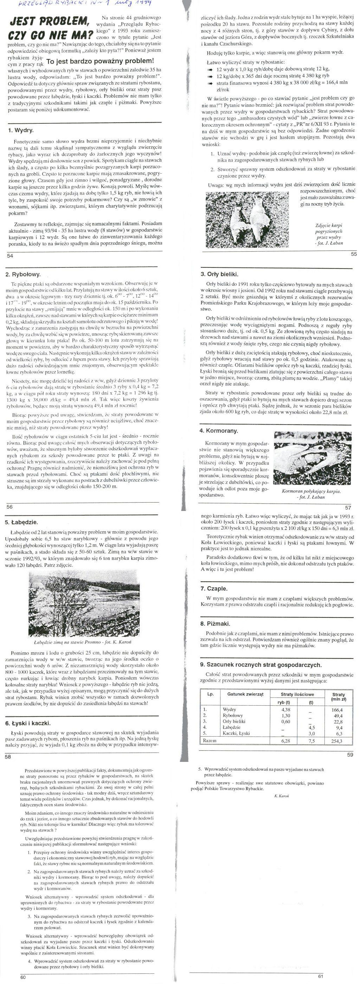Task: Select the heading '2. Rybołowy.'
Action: [x=23, y=274]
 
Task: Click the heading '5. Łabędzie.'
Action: [x=22, y=522]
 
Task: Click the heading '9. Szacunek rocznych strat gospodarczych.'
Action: [x=261, y=664]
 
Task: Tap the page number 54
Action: [x=10, y=255]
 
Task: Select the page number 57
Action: [x=347, y=507]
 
